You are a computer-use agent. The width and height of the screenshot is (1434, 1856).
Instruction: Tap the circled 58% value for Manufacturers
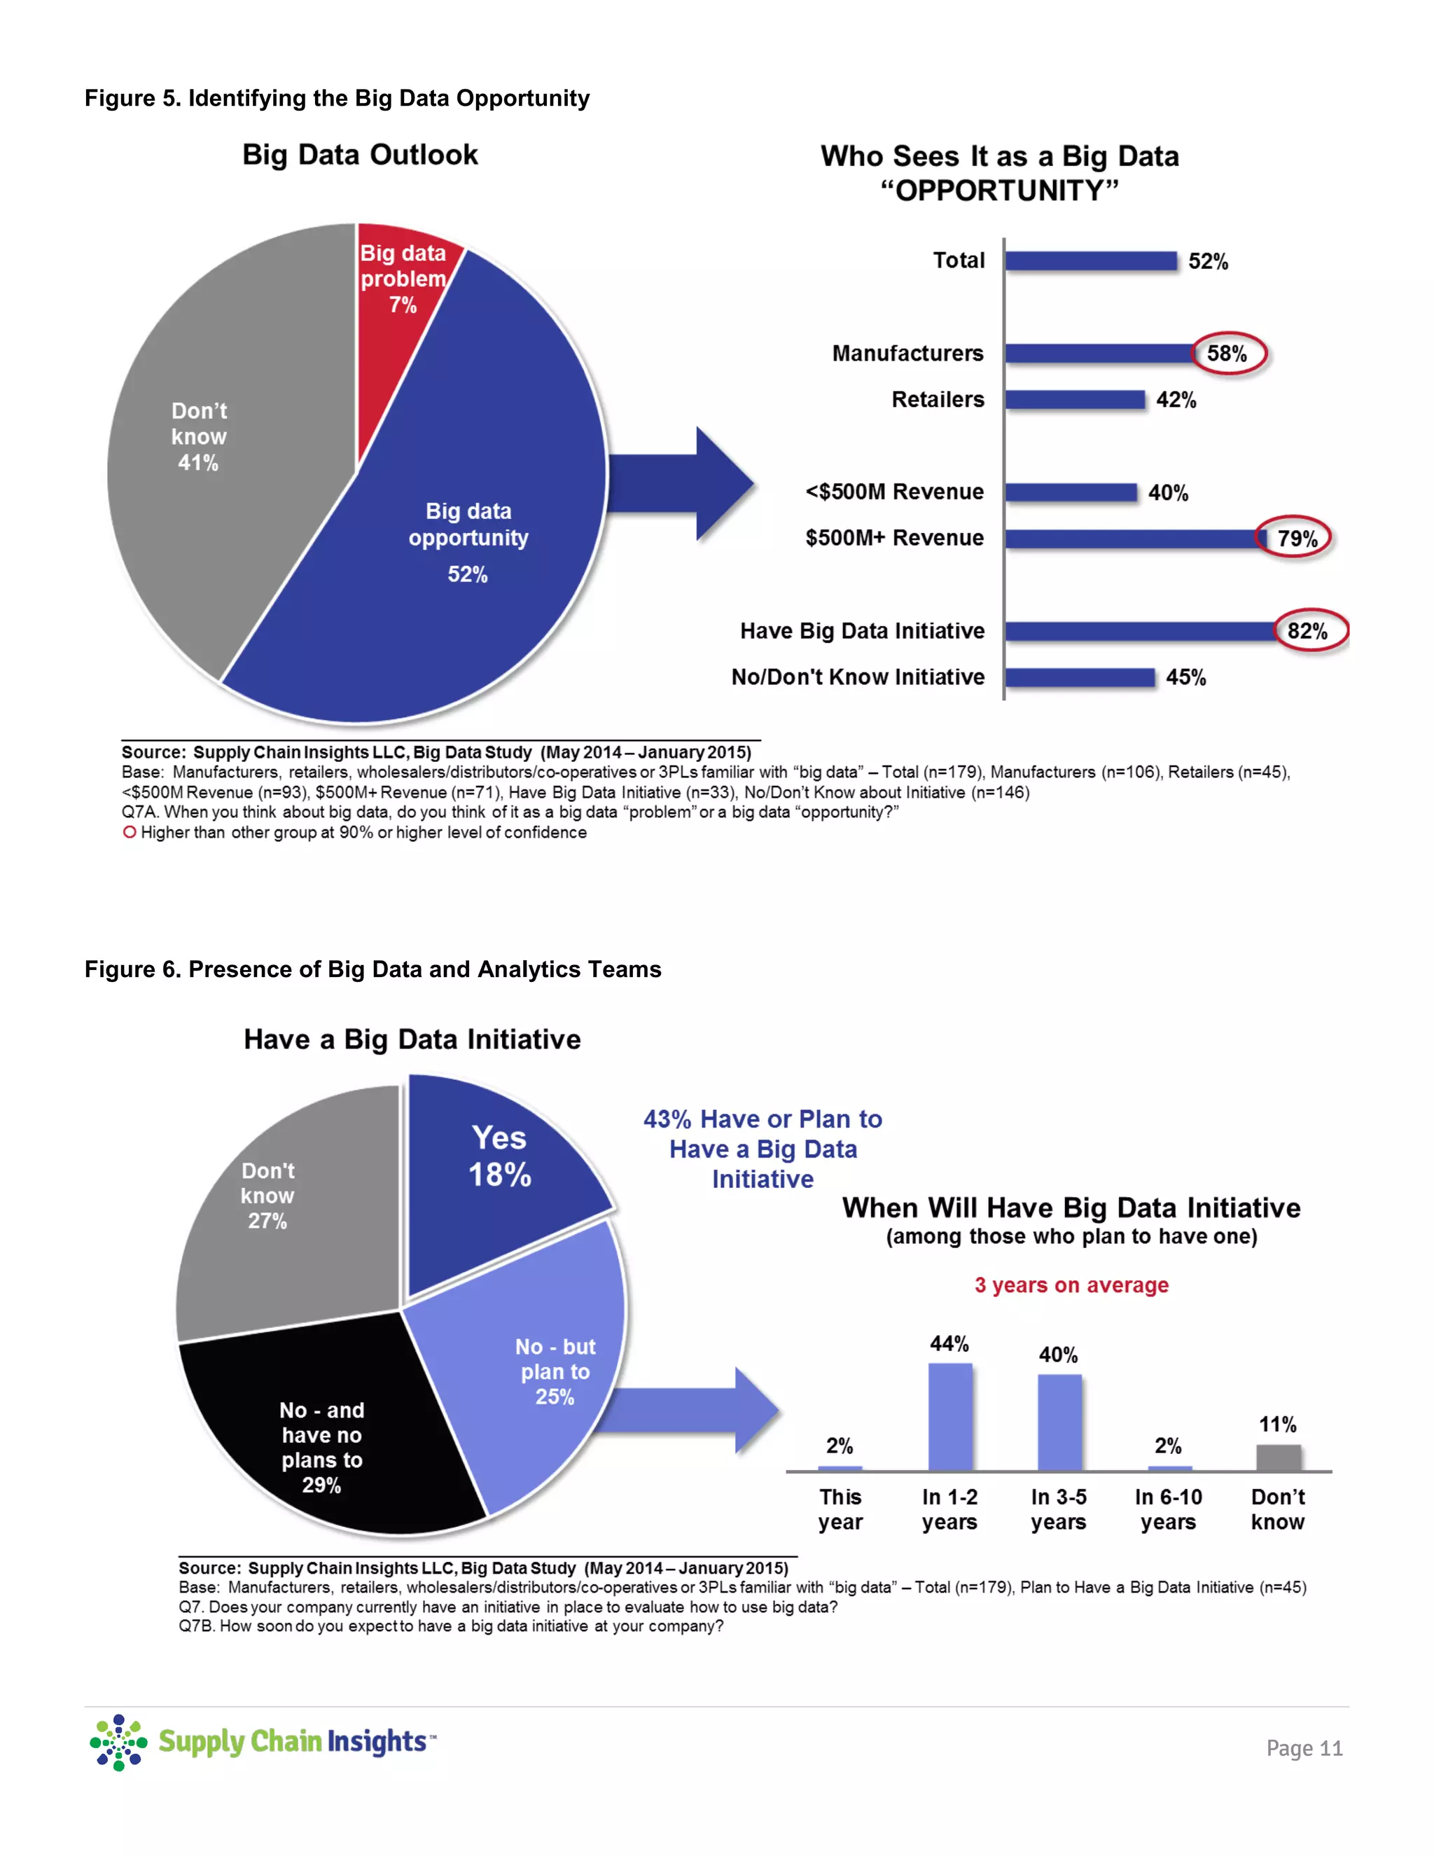[1227, 354]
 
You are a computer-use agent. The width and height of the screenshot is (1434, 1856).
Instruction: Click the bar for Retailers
[1075, 400]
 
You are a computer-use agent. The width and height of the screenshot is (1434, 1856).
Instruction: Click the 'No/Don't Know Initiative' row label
[858, 677]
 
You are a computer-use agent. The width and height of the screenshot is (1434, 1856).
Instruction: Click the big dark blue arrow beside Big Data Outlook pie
[688, 483]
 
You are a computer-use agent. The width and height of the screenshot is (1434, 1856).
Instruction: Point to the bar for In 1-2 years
[949, 1417]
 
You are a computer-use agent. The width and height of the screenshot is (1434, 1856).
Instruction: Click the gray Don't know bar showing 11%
[1279, 1457]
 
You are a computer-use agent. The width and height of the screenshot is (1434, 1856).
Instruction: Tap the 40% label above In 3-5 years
[1059, 1355]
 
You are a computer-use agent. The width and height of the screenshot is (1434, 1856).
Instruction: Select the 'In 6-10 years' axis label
[1168, 1509]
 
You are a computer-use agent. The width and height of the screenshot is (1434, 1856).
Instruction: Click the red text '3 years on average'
[1071, 1285]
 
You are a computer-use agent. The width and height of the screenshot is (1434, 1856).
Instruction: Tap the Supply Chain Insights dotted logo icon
[118, 1742]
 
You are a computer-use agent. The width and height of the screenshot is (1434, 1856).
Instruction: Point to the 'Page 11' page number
[1304, 1748]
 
